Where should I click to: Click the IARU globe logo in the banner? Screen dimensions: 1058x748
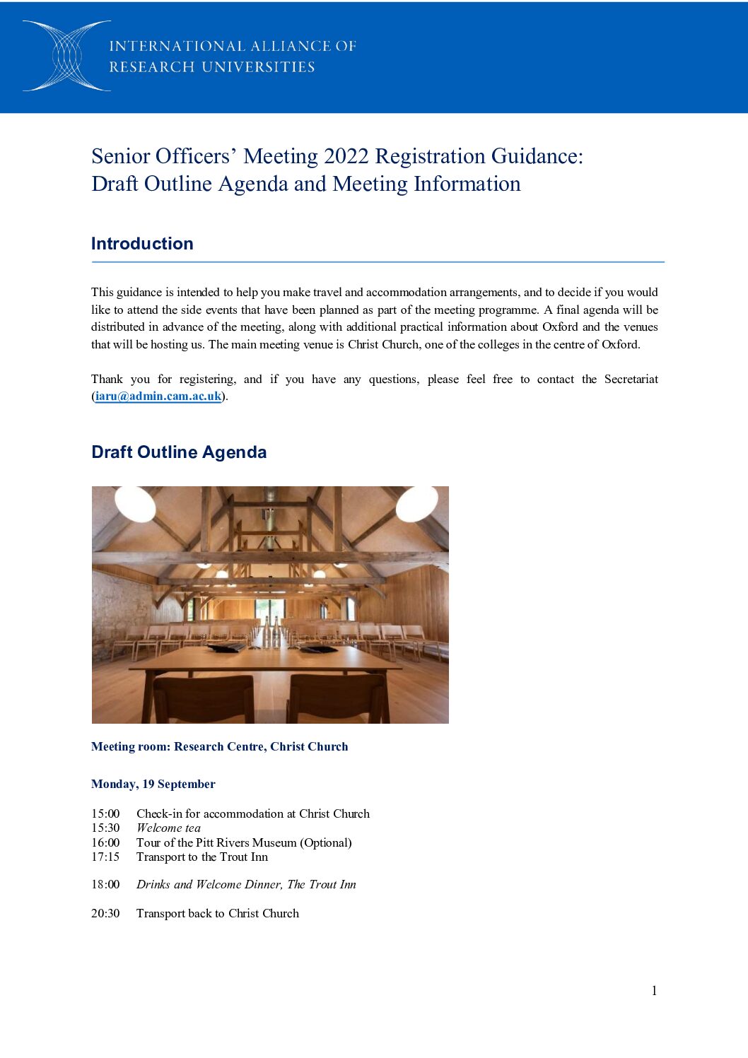tap(66, 56)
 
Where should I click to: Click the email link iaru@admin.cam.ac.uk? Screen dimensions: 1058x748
tap(158, 396)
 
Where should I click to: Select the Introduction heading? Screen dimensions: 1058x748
tap(142, 244)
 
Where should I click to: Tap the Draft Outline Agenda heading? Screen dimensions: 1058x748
tap(179, 452)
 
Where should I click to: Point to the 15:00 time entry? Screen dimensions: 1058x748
tap(105, 814)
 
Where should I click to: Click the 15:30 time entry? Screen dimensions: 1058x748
tap(105, 828)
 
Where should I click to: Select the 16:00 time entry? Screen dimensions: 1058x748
tap(105, 842)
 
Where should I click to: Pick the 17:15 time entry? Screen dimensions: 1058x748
tap(105, 857)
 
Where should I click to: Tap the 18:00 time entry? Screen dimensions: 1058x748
tap(105, 885)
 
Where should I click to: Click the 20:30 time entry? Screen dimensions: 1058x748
tap(105, 914)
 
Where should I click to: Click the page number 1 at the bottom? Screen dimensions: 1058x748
tap(654, 991)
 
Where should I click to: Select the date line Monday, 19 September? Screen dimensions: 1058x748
tap(153, 784)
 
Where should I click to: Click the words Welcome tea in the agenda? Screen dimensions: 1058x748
tap(168, 828)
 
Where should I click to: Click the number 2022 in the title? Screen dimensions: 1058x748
tap(346, 156)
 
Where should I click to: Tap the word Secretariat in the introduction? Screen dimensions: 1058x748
tap(631, 380)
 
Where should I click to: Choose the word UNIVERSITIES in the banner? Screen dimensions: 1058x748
tap(258, 67)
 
